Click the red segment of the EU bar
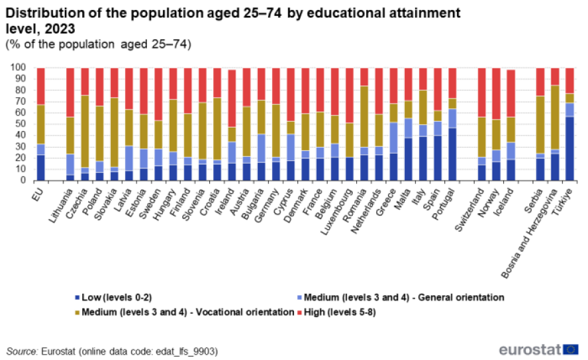click(41, 86)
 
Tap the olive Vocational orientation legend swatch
click(77, 312)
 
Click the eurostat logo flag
click(571, 349)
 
